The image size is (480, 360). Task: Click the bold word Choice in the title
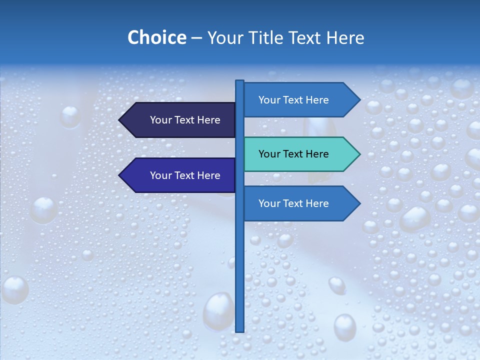(x=156, y=38)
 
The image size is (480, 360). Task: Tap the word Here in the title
(x=345, y=38)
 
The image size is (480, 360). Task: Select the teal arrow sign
(x=300, y=154)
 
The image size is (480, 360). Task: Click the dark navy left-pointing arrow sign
(x=180, y=120)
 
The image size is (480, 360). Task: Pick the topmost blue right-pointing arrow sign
(x=300, y=100)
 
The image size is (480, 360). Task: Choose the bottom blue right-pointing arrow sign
(x=300, y=203)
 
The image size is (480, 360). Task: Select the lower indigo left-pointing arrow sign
(x=180, y=175)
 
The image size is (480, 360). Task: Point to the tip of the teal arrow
(x=359, y=154)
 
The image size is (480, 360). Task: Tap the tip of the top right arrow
(x=359, y=100)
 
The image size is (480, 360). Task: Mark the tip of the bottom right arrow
(x=359, y=203)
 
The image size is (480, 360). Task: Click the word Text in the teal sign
(x=293, y=154)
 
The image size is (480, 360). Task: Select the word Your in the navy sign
(x=160, y=120)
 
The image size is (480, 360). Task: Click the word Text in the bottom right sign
(x=293, y=203)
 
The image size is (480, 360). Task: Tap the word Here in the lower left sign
(x=208, y=175)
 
